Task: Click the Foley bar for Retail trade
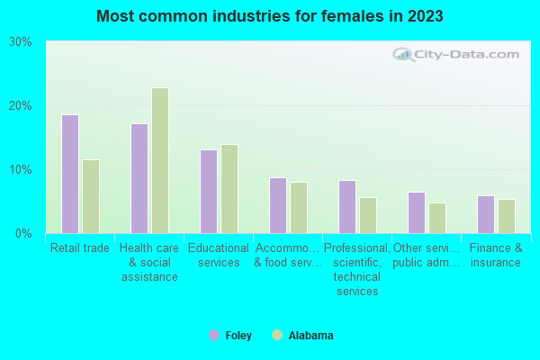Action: pos(70,174)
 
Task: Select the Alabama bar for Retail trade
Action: pos(91,196)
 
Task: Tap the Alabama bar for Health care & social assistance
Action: pos(160,160)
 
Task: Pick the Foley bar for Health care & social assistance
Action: pos(139,178)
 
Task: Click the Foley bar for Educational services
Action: pos(209,191)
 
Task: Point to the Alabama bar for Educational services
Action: pos(229,189)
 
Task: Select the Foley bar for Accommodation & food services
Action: pos(278,205)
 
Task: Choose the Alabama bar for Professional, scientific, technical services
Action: pos(368,215)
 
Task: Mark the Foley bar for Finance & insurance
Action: pos(486,214)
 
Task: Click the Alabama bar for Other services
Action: pos(437,218)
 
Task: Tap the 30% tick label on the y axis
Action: pos(21,42)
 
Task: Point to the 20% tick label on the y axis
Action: pos(21,106)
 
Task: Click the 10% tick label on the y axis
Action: pos(21,170)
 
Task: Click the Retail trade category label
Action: pos(80,248)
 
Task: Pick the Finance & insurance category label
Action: pos(495,256)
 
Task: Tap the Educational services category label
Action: pos(219,256)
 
